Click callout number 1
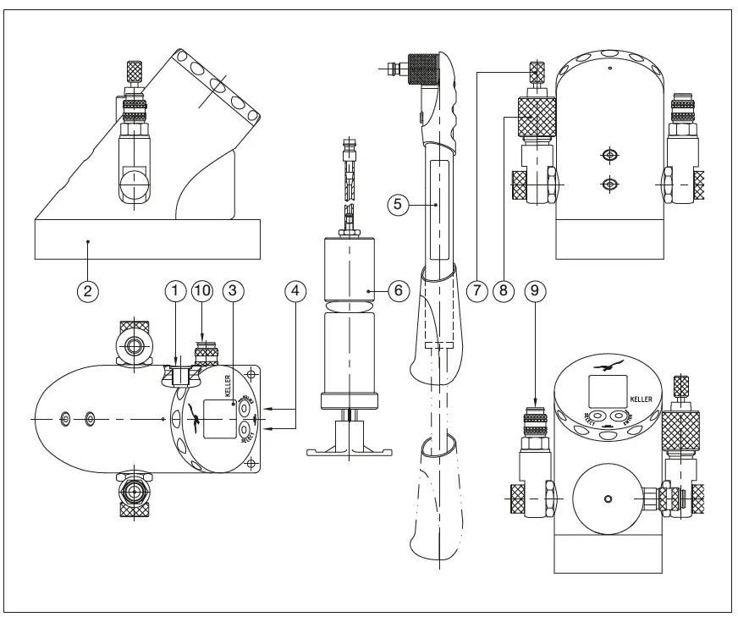(174, 289)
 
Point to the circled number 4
(294, 289)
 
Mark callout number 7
(478, 289)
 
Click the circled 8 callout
(504, 289)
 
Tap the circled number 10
(203, 289)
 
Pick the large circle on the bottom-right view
(606, 499)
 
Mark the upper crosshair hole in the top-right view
(607, 155)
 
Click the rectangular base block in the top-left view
(146, 239)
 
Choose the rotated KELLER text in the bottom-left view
(229, 387)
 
